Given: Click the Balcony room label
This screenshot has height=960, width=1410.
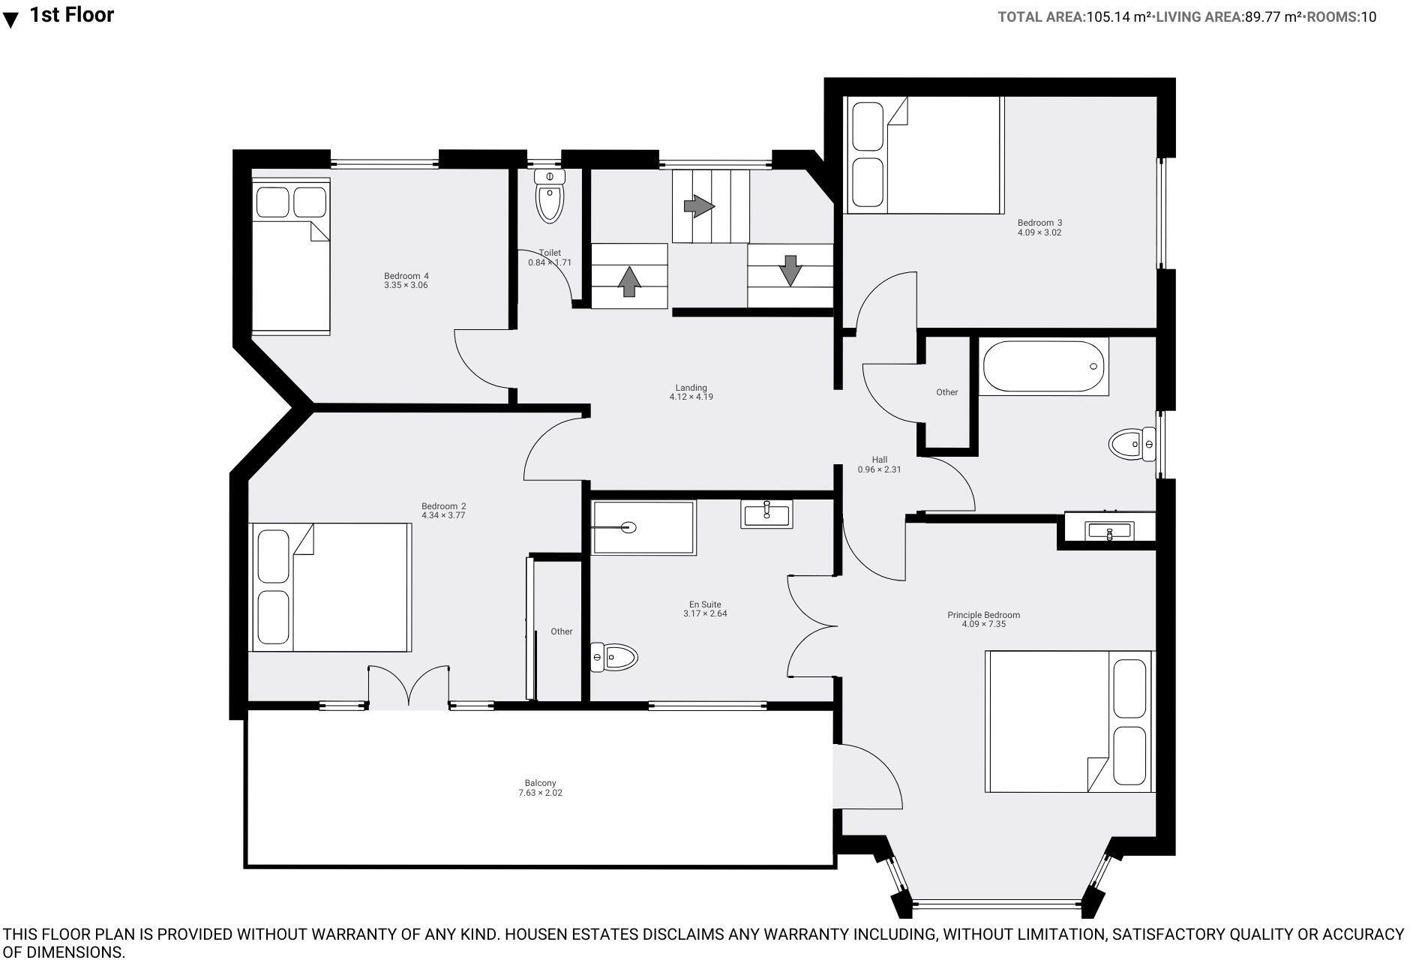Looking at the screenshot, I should (540, 783).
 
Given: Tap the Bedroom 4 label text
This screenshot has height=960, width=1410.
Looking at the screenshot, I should (406, 276).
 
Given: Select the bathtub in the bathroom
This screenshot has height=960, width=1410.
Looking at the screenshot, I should (1044, 367).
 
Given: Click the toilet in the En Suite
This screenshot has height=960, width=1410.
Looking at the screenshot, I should (614, 658).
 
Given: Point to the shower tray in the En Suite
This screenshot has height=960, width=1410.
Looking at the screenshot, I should (643, 528).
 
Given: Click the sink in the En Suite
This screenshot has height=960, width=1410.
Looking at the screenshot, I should (766, 514).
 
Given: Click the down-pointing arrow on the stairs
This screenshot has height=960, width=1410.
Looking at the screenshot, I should (790, 271).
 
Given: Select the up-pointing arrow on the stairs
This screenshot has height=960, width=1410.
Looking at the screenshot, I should (628, 281).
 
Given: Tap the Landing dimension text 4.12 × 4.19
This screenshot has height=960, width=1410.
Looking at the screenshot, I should (691, 397).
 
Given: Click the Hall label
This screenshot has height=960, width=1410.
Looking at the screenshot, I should (879, 460).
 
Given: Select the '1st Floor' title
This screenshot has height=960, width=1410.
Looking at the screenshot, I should (72, 15).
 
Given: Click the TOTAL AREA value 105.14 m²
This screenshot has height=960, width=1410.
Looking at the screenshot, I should (1118, 17).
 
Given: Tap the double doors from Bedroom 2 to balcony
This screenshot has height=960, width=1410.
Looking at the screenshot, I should (408, 687).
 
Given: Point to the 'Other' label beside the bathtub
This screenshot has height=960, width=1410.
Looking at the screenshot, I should (946, 392).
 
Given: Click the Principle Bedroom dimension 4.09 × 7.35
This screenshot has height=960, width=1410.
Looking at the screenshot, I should (983, 624).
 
